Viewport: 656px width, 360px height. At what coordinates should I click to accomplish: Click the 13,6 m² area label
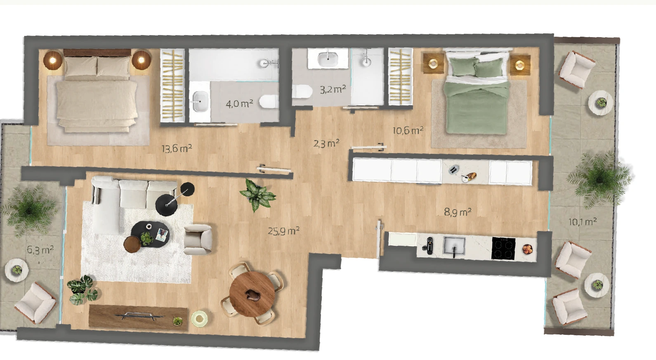coord(177,148)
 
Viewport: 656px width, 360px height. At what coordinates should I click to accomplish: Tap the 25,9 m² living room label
coord(283,231)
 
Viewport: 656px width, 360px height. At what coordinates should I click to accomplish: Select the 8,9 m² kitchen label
coord(458,212)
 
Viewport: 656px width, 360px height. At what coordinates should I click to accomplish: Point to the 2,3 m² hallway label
coord(326,144)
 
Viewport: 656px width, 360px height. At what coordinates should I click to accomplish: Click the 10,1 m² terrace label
coord(583,221)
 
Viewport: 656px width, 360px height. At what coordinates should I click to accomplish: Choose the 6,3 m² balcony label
coord(40,250)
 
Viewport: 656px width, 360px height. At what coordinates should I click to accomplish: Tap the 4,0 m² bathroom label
coord(239,104)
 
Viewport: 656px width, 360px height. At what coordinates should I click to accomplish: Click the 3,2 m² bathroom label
coord(333,89)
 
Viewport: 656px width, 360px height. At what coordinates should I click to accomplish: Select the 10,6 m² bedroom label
coord(408,130)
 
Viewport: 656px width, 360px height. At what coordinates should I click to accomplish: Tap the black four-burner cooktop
coord(503,248)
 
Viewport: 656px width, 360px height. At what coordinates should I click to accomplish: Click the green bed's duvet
coord(476,107)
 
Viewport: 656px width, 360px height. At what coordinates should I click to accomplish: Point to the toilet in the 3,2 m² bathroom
coord(302,91)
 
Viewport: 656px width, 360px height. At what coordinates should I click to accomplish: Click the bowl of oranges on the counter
coord(528,249)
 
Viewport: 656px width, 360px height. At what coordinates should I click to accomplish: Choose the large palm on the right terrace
coord(599,179)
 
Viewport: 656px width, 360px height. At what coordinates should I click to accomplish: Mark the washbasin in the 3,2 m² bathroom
coord(328,59)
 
